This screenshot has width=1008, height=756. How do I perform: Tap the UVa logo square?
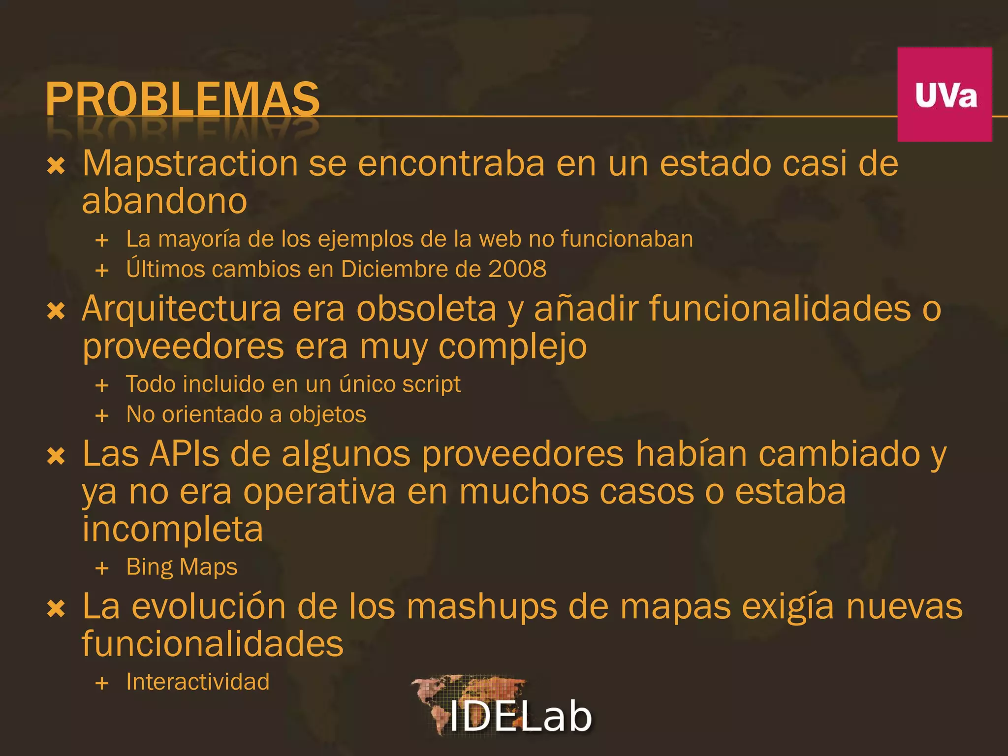[x=945, y=94]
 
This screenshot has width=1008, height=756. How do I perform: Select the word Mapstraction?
[x=190, y=164]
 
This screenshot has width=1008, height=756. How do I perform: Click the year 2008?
[x=517, y=269]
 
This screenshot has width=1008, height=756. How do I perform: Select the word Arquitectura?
[x=182, y=310]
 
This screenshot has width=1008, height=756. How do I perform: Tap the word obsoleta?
[x=426, y=309]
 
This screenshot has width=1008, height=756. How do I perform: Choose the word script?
[x=432, y=384]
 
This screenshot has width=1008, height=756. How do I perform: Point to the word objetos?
[x=328, y=415]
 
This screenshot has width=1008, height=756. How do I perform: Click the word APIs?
[x=184, y=453]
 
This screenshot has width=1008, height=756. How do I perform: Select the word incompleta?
[x=173, y=530]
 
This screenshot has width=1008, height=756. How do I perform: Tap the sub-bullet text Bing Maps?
[x=182, y=567]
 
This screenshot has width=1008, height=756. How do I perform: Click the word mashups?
[x=482, y=607]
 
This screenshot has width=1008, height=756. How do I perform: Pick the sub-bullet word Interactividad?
[x=198, y=682]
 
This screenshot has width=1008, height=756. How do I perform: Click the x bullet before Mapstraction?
[x=56, y=166]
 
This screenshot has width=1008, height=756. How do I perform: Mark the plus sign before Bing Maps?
[x=102, y=568]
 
